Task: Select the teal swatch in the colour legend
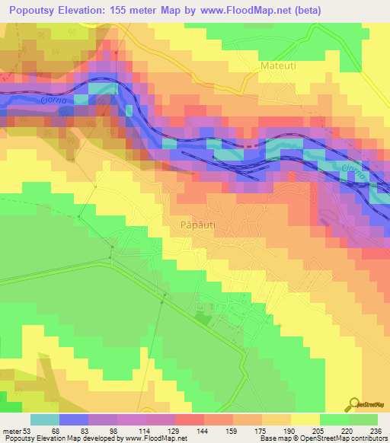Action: [x=45, y=419]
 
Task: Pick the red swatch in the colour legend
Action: [x=189, y=419]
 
